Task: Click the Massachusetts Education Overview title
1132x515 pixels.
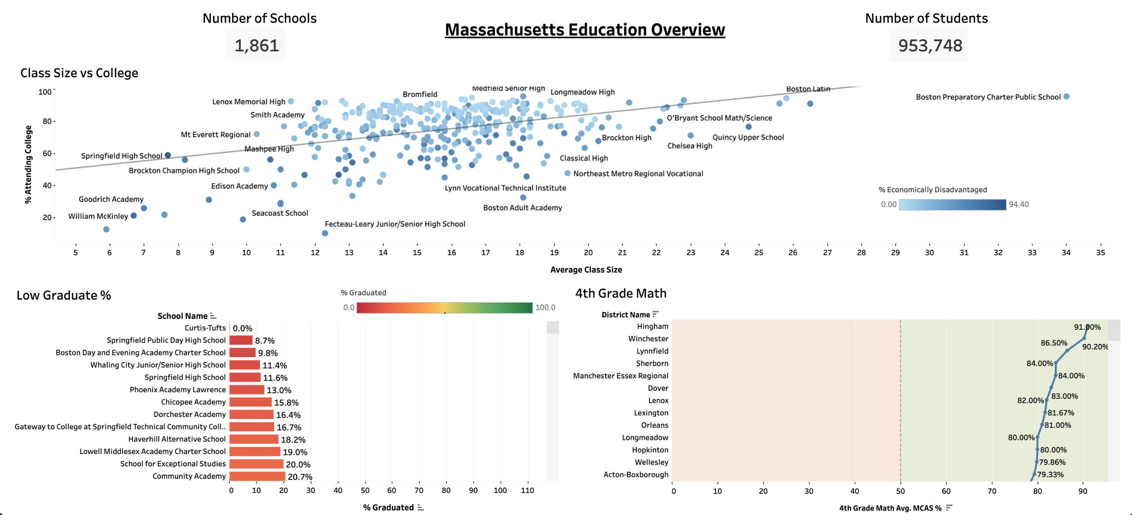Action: (x=585, y=30)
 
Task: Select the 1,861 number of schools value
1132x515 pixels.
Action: (x=256, y=46)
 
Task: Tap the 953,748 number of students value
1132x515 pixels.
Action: (x=930, y=46)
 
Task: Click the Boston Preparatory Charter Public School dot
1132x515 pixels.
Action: (x=1066, y=96)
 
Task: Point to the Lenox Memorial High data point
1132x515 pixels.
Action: (x=291, y=101)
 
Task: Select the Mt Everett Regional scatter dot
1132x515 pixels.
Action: (x=256, y=134)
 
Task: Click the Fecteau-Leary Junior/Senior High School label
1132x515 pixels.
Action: (x=395, y=224)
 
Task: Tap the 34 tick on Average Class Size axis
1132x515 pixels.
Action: (x=1066, y=252)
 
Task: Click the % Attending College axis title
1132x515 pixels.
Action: (x=28, y=164)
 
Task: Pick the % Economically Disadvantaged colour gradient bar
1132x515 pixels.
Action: (x=952, y=205)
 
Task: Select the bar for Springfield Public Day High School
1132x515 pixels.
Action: (x=241, y=340)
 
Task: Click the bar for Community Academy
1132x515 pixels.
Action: (x=257, y=476)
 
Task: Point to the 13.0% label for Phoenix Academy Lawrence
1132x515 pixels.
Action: (x=279, y=390)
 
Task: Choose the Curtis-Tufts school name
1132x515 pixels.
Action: (x=205, y=328)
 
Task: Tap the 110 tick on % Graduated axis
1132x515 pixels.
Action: (x=527, y=490)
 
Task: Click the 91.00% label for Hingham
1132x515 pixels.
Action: (x=1087, y=327)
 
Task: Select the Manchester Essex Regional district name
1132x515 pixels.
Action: (x=620, y=376)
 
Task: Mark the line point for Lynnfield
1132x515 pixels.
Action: (x=1067, y=351)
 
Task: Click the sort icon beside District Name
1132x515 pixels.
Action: (x=655, y=314)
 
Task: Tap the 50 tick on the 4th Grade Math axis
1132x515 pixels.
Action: (x=900, y=491)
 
